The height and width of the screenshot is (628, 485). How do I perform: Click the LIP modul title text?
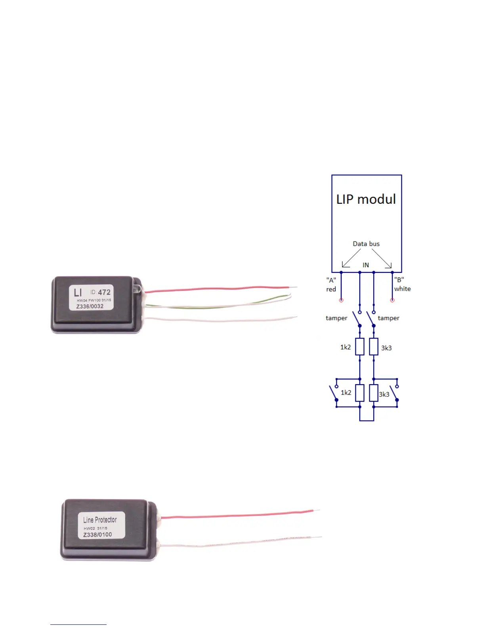coord(366,199)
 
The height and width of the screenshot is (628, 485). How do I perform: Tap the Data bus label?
coord(366,244)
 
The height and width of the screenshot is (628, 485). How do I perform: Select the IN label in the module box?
coord(366,265)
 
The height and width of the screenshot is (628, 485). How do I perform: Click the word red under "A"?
coord(331,289)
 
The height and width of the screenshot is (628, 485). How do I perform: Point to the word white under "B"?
coord(402,289)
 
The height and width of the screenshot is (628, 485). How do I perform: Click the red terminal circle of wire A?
coord(341,300)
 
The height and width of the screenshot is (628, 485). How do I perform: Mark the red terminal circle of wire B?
coord(392,300)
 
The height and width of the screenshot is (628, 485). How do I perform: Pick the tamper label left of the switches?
coord(336,318)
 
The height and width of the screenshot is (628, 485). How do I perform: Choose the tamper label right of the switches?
coord(388,318)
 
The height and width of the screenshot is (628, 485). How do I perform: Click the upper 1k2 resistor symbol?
coord(360,347)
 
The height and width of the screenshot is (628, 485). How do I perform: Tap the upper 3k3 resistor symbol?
coord(374,347)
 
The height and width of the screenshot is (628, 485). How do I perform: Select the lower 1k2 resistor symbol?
coord(360,393)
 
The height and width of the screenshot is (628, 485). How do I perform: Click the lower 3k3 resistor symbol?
coord(374,393)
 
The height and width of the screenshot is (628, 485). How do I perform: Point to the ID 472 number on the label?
coord(104,292)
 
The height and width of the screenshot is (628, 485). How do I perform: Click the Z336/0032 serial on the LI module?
coord(90,306)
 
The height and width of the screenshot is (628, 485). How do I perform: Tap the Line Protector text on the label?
coord(100,520)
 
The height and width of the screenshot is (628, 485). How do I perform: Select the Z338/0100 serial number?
coord(97,535)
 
